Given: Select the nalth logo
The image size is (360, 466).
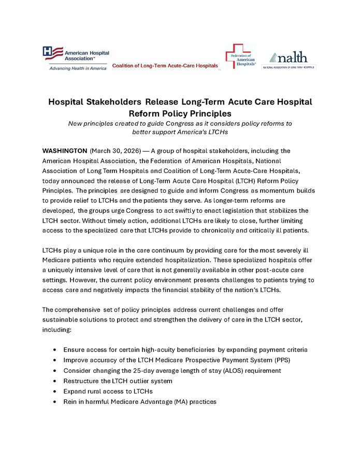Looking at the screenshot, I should click(x=289, y=60).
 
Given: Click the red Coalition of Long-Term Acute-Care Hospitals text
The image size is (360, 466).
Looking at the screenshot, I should click(x=165, y=66).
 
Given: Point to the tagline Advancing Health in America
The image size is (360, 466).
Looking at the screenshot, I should click(x=75, y=68).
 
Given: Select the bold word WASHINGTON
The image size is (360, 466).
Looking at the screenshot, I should click(x=65, y=151).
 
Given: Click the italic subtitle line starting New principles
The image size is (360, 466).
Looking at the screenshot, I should click(x=180, y=123).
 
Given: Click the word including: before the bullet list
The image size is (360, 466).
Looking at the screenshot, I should click(x=59, y=329).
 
